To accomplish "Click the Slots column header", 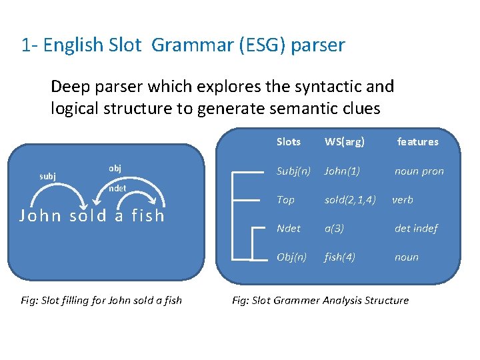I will pos(288,141).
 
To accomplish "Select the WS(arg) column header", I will pos(344,141).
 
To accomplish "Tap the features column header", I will pos(417,141).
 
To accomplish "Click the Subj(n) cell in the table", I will pos(293,171).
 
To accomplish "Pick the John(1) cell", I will pos(342,171).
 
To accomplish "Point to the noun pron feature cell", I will pos(419,171).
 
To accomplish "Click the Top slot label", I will pos(285,199).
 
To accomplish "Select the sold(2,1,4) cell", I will pos(350,199).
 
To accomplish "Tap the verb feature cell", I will pos(403,199).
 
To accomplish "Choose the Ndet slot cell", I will pos(288,228).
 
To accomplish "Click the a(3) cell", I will pos(334,228).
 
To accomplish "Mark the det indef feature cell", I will pos(416,228).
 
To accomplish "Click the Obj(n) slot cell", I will pos(291,257).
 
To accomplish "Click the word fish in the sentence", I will pos(148,215).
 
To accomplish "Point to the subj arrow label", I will pos(47,176).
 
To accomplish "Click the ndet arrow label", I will pos(117,188).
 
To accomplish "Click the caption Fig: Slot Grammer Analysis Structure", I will pos(320,300).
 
